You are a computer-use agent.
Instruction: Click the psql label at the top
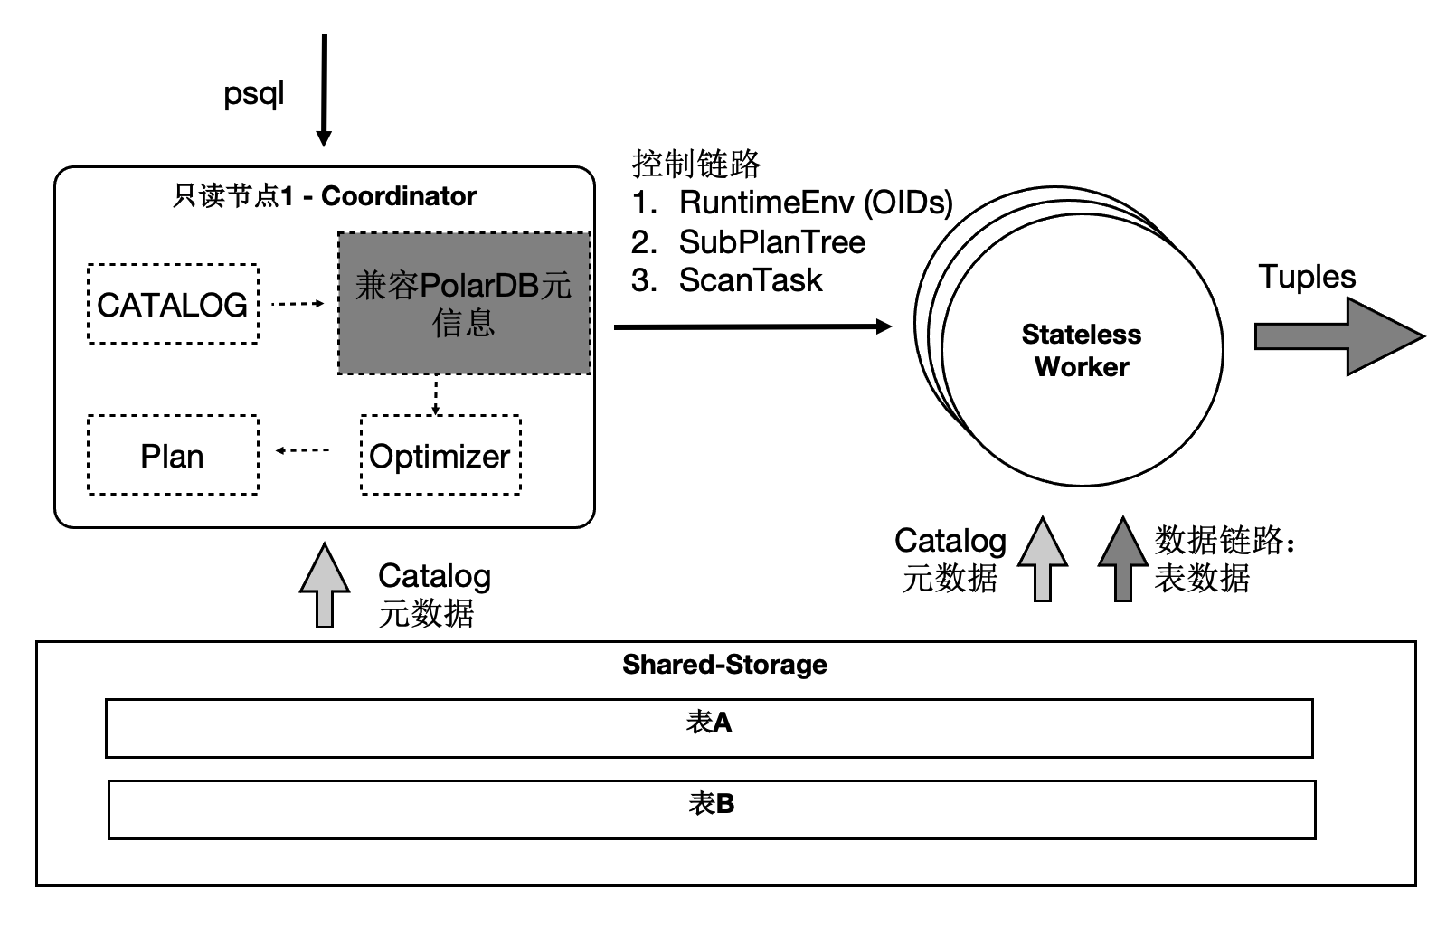click(x=253, y=94)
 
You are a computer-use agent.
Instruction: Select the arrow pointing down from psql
click(x=324, y=90)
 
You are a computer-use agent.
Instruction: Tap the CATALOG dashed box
click(x=173, y=305)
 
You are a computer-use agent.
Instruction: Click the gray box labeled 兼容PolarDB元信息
click(x=464, y=304)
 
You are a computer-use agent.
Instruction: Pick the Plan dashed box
click(x=173, y=456)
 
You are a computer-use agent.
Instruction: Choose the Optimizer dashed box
click(x=440, y=456)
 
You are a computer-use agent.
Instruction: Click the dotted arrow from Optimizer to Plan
click(x=303, y=450)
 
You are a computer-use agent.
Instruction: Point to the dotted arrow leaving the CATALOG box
click(x=298, y=304)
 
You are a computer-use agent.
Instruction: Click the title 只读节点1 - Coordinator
click(x=325, y=196)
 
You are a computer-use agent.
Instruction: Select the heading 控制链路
click(x=695, y=164)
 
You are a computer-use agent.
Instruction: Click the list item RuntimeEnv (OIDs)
click(x=815, y=203)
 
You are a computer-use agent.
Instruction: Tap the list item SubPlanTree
click(x=771, y=242)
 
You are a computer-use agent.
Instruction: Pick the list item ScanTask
click(x=750, y=281)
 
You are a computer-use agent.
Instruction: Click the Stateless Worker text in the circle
click(x=1082, y=351)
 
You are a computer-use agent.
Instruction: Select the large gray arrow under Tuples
click(x=1338, y=336)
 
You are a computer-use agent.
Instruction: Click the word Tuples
click(x=1307, y=277)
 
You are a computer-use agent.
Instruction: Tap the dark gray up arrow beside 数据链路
click(x=1122, y=560)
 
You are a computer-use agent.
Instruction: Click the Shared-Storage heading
click(x=724, y=665)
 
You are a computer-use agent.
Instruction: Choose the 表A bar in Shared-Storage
click(x=709, y=728)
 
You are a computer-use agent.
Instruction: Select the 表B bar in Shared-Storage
click(x=711, y=809)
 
